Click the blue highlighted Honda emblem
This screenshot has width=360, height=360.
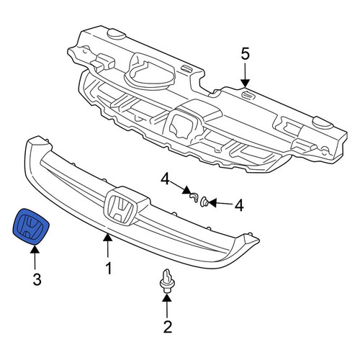tap(31, 226)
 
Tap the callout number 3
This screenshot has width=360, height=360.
tap(37, 279)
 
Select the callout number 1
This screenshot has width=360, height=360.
tap(109, 268)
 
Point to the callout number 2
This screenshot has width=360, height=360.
tap(168, 327)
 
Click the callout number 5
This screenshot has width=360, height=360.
tap(246, 54)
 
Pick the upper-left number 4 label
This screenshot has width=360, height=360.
tap(166, 180)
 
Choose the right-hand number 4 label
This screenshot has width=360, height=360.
tap(239, 205)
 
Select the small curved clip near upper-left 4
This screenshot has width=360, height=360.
tap(194, 197)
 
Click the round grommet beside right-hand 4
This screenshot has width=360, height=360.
tap(204, 202)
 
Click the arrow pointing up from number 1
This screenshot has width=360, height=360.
tap(108, 246)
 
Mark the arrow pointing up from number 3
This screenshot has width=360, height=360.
tap(35, 258)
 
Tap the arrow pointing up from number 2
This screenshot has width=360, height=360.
tap(167, 306)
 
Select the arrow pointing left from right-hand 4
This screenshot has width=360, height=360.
tap(220, 204)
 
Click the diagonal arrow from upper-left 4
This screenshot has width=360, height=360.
tap(181, 188)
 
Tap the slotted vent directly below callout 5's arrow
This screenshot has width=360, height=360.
tap(248, 95)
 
